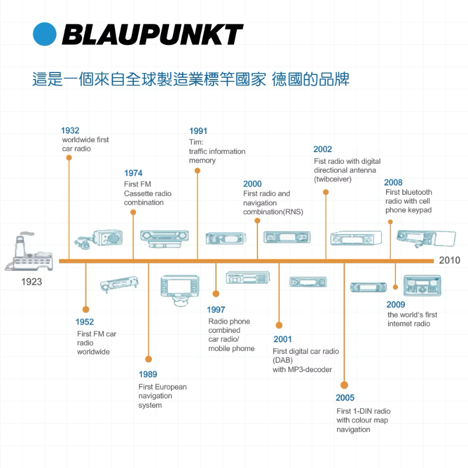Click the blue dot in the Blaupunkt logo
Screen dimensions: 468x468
pyautogui.click(x=44, y=35)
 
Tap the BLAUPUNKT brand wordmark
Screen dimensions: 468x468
pyautogui.click(x=152, y=35)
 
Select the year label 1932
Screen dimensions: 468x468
pyautogui.click(x=70, y=130)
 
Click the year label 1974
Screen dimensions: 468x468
pyautogui.click(x=133, y=173)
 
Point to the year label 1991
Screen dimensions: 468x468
pyautogui.click(x=198, y=131)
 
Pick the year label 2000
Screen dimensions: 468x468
pyautogui.click(x=253, y=184)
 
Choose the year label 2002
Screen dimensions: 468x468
pyautogui.click(x=322, y=150)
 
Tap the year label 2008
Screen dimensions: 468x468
pyautogui.click(x=393, y=183)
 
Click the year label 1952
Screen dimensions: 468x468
pyautogui.click(x=84, y=322)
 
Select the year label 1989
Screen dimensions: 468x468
pyautogui.click(x=148, y=374)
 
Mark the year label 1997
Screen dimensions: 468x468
pyautogui.click(x=216, y=309)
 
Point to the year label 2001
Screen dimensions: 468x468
pyautogui.click(x=283, y=339)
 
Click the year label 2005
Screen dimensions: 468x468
pyautogui.click(x=345, y=398)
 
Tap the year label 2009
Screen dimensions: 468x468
pyautogui.click(x=395, y=304)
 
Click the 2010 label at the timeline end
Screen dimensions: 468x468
pyautogui.click(x=450, y=260)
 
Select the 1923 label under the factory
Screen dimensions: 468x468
pyautogui.click(x=32, y=282)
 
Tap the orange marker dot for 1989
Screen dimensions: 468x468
pyautogui.click(x=149, y=359)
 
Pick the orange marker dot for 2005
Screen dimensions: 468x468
pyautogui.click(x=344, y=384)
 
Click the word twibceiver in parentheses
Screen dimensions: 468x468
pyautogui.click(x=333, y=179)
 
